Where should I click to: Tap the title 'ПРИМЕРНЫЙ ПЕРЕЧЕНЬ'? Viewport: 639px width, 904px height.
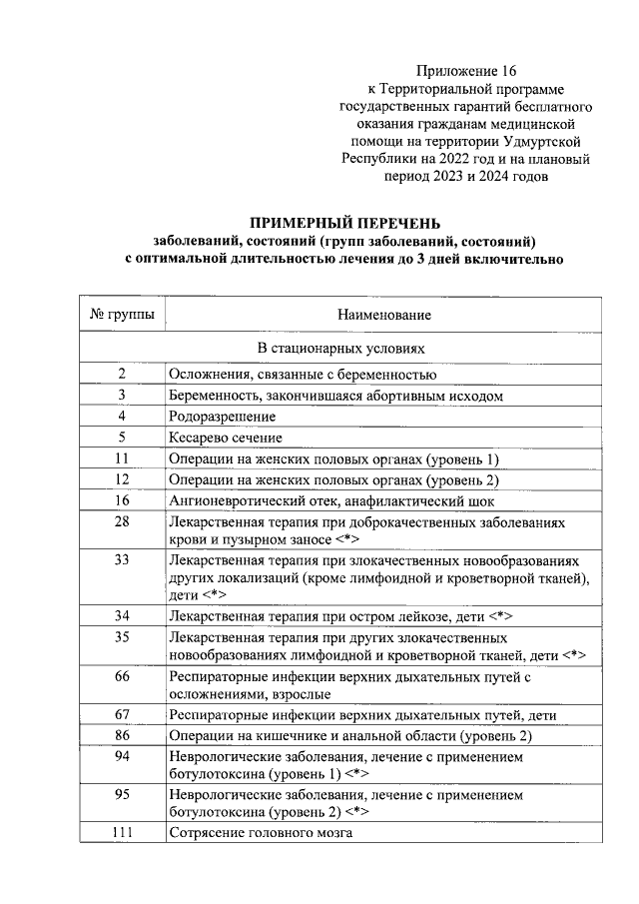pos(343,223)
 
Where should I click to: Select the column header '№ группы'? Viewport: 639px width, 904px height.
pos(123,315)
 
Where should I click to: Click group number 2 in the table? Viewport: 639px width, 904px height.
pos(122,374)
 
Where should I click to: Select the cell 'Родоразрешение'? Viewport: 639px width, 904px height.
pos(223,416)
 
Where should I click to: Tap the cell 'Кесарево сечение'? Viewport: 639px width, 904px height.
pos(226,438)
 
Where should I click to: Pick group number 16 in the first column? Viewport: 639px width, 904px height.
pos(122,500)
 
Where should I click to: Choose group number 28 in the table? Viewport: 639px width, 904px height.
pos(122,522)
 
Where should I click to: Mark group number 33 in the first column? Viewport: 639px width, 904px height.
pos(122,559)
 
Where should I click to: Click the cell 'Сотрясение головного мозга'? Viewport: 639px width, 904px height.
pos(262,833)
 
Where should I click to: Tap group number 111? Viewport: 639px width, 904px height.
pos(122,833)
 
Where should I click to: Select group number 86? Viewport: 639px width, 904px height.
pos(122,736)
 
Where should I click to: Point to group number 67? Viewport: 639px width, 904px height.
pos(122,714)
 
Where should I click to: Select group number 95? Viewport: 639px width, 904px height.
pos(122,796)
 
